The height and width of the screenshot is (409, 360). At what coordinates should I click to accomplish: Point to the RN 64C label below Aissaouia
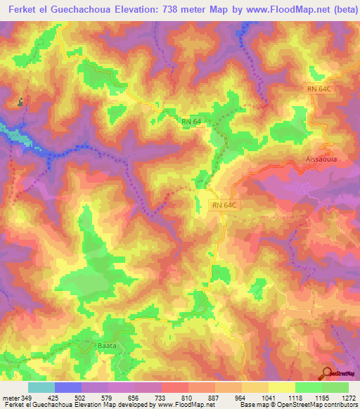(x=226, y=205)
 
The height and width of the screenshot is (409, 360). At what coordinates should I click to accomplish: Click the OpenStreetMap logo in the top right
(x=336, y=72)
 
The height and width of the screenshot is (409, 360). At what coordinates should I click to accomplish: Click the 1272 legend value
(x=348, y=397)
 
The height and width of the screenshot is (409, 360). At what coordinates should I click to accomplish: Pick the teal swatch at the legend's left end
(x=41, y=387)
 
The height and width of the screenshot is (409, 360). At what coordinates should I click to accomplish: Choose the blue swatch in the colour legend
(x=68, y=387)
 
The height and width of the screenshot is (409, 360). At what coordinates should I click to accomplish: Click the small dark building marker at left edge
(x=21, y=102)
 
